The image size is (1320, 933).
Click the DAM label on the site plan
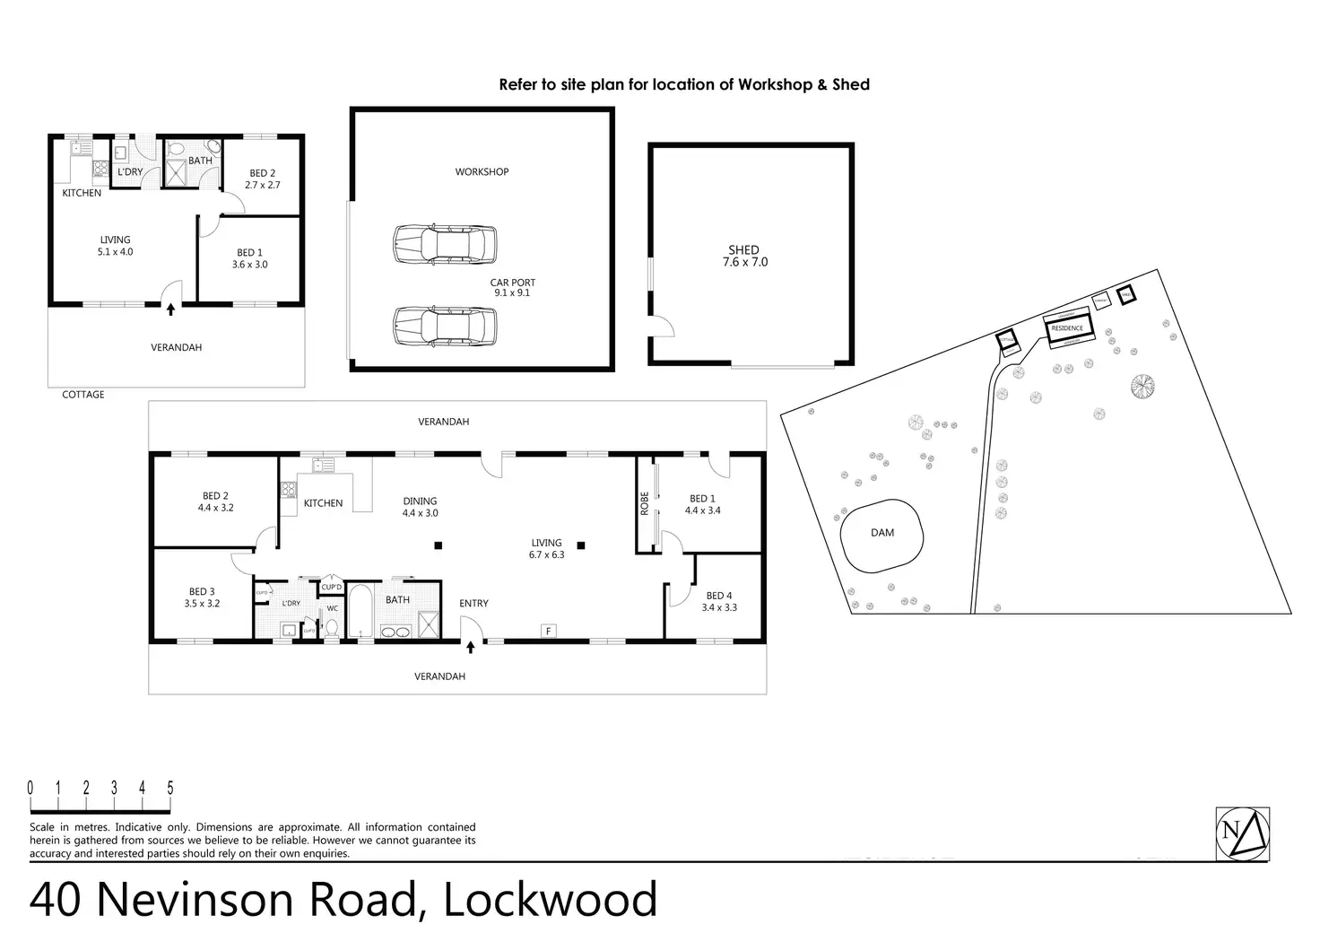point(882,532)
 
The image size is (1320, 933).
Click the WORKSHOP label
point(482,171)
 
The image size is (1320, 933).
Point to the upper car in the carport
point(445,243)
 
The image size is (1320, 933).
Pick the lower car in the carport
point(445,327)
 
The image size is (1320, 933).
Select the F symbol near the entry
point(548,632)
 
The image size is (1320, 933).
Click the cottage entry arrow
point(171,309)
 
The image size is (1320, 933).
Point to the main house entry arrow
point(470,646)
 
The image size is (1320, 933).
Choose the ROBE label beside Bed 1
point(645,504)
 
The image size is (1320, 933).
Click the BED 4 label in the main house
point(719,601)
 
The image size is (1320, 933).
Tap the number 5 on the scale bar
point(170,789)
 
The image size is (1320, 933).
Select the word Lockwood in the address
point(551,899)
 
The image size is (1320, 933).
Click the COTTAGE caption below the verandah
point(83,395)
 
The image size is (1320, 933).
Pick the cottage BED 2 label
point(263,179)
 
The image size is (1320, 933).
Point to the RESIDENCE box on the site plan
point(1067,328)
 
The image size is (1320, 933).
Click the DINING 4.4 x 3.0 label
point(420,507)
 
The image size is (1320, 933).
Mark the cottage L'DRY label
point(131,171)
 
